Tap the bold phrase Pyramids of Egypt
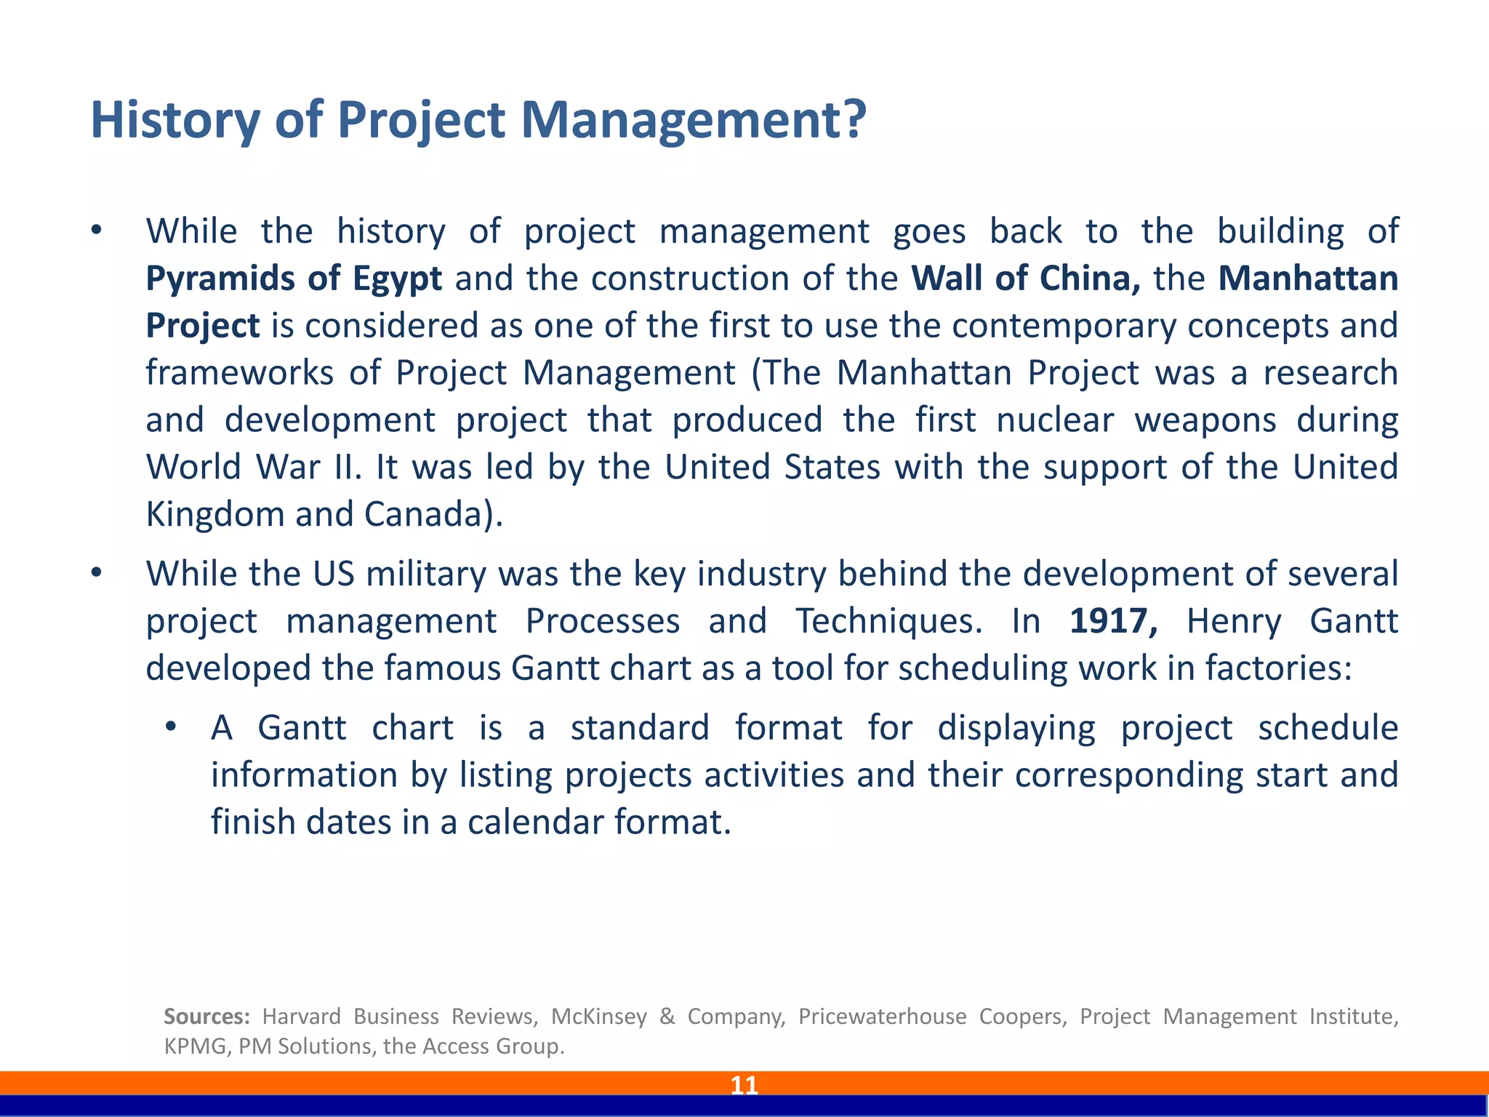point(294,279)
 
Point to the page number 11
point(744,1085)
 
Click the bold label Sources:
point(206,1016)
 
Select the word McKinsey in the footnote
point(598,1016)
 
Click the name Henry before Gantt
point(1234,621)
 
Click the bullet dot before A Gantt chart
point(170,727)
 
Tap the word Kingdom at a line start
point(214,514)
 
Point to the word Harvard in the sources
point(301,1016)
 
